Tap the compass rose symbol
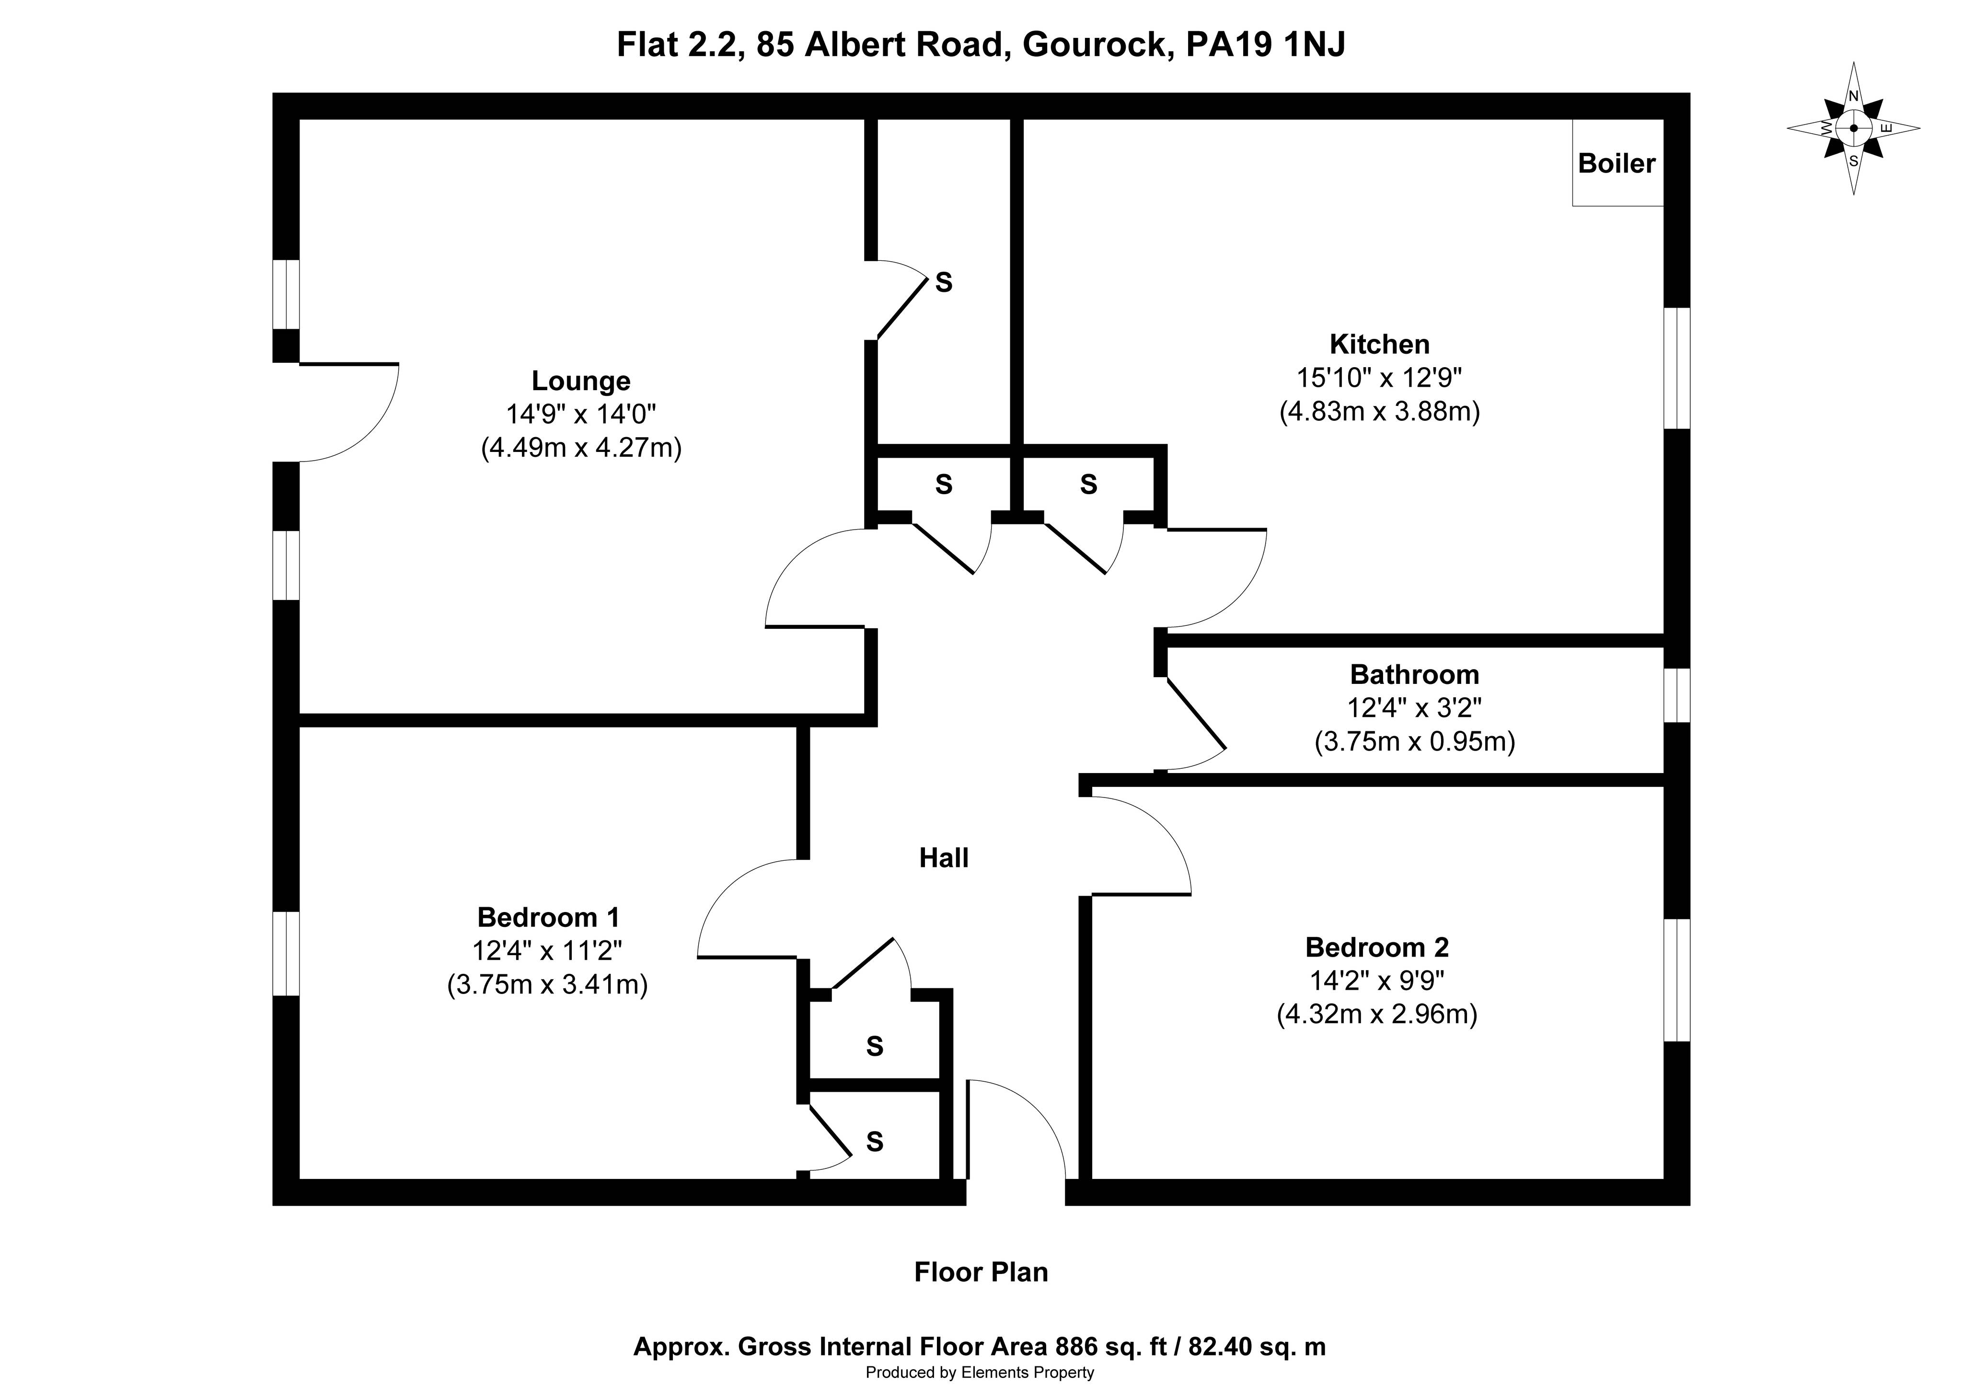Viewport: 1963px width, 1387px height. pyautogui.click(x=1854, y=128)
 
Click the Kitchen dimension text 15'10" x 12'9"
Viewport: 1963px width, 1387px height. pyautogui.click(x=1379, y=377)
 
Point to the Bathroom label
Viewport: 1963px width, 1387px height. pyautogui.click(x=1414, y=675)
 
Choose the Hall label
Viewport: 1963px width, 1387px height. pyautogui.click(x=944, y=858)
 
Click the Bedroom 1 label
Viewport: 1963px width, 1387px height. pyautogui.click(x=548, y=917)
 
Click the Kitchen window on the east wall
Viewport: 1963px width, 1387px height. pyautogui.click(x=1676, y=368)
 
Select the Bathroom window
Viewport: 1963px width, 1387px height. pyautogui.click(x=1676, y=695)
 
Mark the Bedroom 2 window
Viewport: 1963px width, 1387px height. pyautogui.click(x=1676, y=980)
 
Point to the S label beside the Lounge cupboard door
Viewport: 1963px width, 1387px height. pyautogui.click(x=944, y=282)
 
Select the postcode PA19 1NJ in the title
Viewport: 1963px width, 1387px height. pyautogui.click(x=1265, y=45)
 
